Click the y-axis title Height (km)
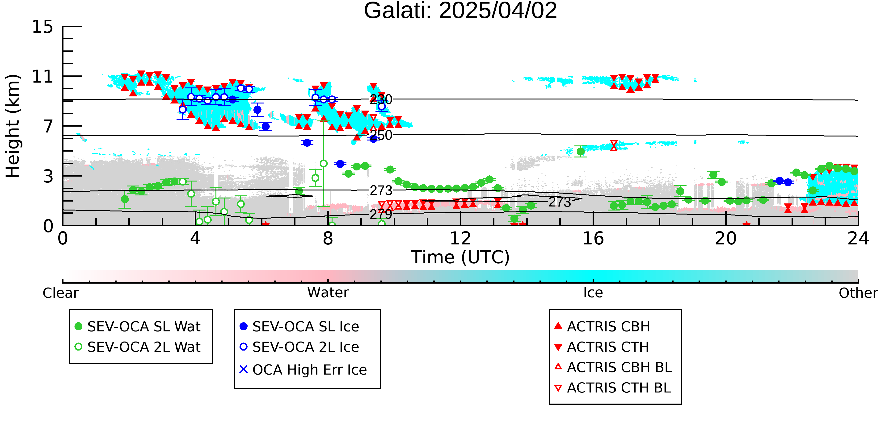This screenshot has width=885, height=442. [x=13, y=126]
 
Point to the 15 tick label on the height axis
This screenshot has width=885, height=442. [x=43, y=27]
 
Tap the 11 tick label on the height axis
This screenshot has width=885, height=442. [x=43, y=77]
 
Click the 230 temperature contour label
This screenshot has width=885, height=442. [x=381, y=99]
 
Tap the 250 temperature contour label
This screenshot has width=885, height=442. [x=381, y=135]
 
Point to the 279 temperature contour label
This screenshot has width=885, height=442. [x=381, y=215]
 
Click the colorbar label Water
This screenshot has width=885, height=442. [x=328, y=293]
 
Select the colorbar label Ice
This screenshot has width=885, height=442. [x=593, y=293]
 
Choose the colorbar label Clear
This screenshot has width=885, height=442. [x=60, y=293]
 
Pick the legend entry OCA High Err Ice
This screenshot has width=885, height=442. [x=303, y=370]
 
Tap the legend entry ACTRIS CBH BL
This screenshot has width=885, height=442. [x=613, y=367]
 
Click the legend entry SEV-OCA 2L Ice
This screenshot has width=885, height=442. [x=299, y=347]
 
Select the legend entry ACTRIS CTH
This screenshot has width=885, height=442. [x=602, y=347]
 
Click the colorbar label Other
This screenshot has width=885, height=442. [x=858, y=293]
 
